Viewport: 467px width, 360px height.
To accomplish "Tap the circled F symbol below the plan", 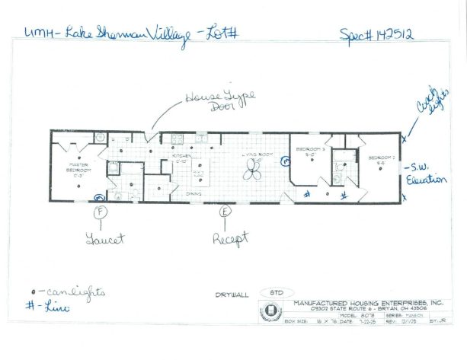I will pyautogui.click(x=101, y=211).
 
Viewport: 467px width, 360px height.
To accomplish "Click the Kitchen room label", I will pyautogui.click(x=181, y=161).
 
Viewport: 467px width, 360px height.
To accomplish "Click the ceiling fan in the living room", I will pyautogui.click(x=251, y=173).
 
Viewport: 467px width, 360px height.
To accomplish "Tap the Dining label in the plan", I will pyautogui.click(x=194, y=193).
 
